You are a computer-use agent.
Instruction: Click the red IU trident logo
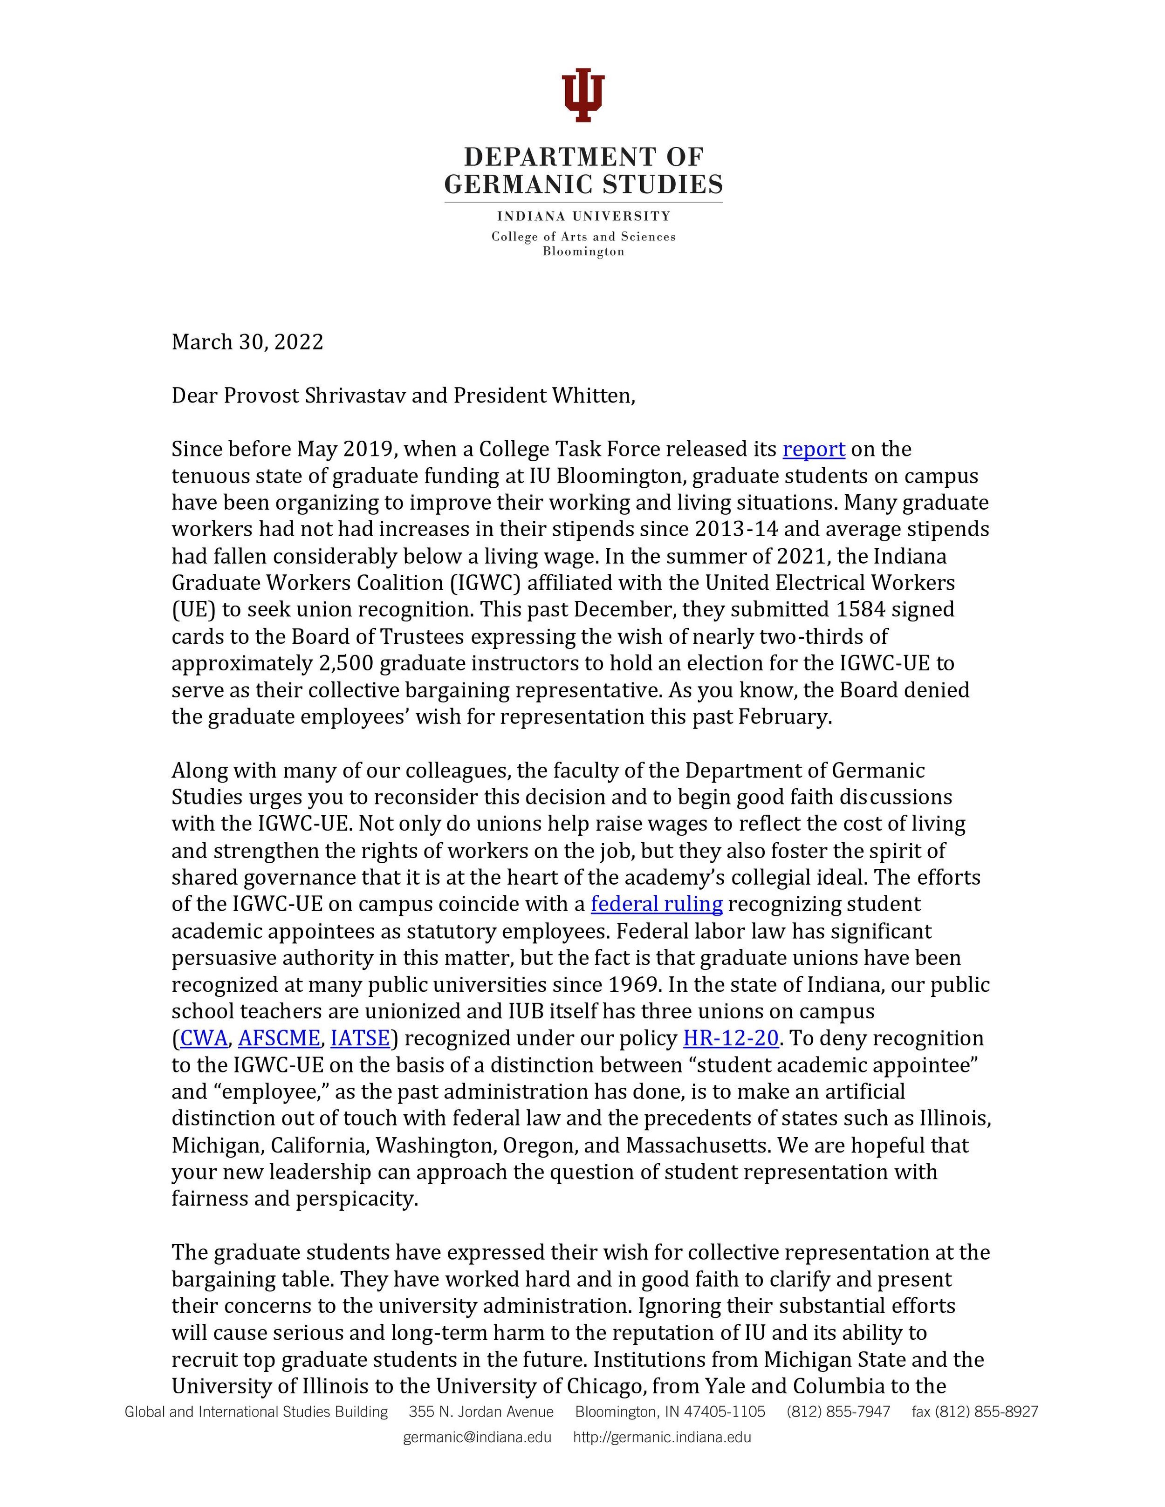[583, 95]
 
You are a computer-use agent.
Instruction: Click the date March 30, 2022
[247, 342]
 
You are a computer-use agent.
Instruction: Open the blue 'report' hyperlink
[814, 449]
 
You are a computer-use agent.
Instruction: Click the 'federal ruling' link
[656, 904]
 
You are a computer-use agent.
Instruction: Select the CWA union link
[204, 1038]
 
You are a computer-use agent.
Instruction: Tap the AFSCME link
[279, 1038]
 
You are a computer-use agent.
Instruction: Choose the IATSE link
[360, 1038]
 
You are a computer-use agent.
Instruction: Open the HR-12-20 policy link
[731, 1038]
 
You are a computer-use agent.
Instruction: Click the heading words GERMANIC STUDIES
[583, 184]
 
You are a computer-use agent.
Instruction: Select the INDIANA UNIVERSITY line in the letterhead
[583, 217]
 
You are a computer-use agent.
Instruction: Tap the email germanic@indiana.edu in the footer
[477, 1437]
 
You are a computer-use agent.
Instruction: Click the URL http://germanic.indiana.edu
[662, 1437]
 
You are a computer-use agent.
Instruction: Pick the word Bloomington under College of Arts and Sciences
[583, 252]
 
